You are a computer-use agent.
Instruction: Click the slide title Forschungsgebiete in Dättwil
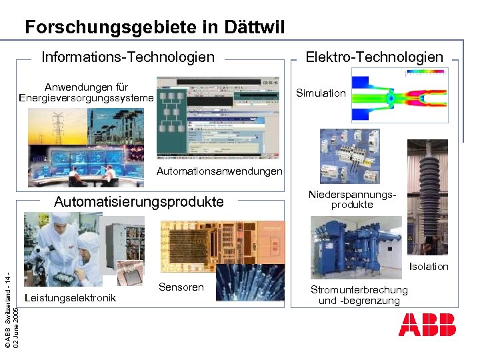pyautogui.click(x=155, y=27)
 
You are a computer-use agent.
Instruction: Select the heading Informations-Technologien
pyautogui.click(x=128, y=57)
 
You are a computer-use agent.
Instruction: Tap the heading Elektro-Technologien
pyautogui.click(x=374, y=57)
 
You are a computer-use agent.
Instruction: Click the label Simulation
pyautogui.click(x=321, y=93)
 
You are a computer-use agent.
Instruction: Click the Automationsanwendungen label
pyautogui.click(x=219, y=171)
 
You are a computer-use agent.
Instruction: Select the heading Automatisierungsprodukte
pyautogui.click(x=139, y=202)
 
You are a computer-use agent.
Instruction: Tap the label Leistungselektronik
pyautogui.click(x=69, y=297)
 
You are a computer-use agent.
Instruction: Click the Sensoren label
pyautogui.click(x=181, y=287)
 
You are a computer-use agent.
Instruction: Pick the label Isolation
pyautogui.click(x=429, y=267)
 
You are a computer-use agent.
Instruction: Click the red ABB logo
pyautogui.click(x=427, y=325)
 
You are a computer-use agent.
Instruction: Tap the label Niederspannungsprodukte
pyautogui.click(x=353, y=200)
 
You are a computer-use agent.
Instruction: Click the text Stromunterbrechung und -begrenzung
pyautogui.click(x=359, y=295)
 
